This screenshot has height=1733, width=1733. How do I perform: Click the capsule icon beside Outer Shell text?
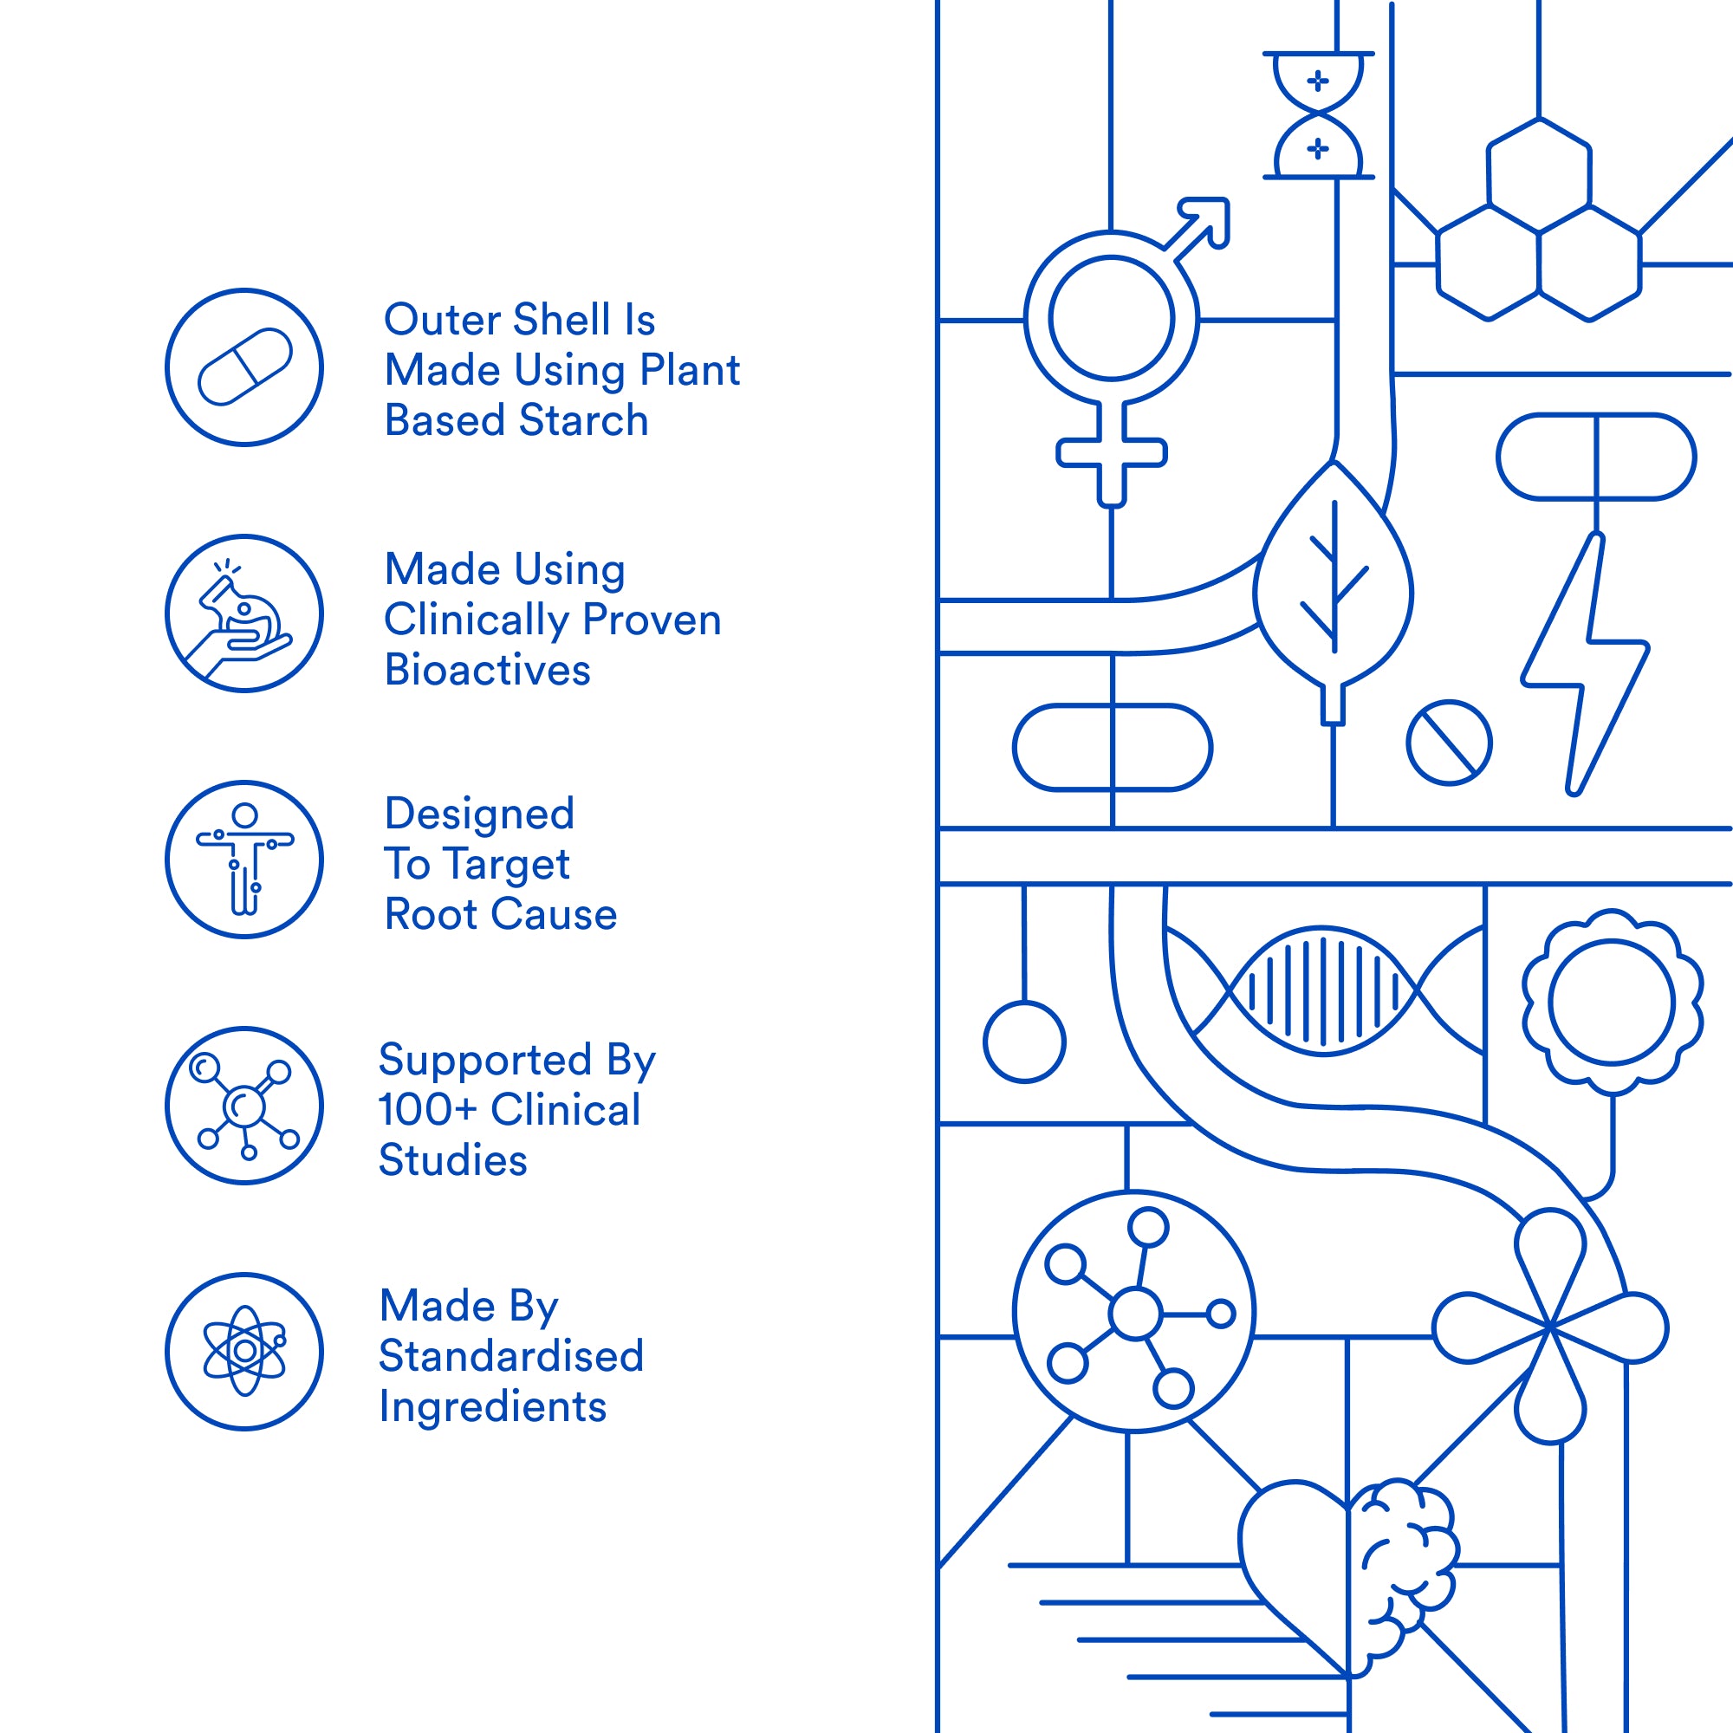tap(245, 367)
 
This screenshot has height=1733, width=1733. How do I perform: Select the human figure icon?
tap(245, 860)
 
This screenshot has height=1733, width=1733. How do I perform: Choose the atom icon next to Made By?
tap(245, 1351)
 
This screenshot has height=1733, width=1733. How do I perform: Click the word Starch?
tap(584, 419)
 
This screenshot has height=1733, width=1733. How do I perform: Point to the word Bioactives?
tap(487, 670)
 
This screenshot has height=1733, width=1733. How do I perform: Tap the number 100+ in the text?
tap(428, 1110)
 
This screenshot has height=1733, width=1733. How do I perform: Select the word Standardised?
tap(511, 1355)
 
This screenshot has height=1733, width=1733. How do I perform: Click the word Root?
tap(431, 914)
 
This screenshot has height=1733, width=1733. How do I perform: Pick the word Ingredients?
tap(492, 1406)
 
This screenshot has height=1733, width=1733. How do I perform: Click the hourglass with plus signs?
tap(1319, 116)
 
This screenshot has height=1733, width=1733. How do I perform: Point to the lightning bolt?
tap(1585, 665)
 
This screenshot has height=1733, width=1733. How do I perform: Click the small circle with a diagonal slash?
tap(1450, 743)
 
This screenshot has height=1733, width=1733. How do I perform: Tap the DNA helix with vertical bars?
tap(1324, 991)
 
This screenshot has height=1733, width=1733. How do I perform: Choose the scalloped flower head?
tap(1613, 1002)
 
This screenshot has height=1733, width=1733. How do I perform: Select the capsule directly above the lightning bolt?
tap(1597, 457)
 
